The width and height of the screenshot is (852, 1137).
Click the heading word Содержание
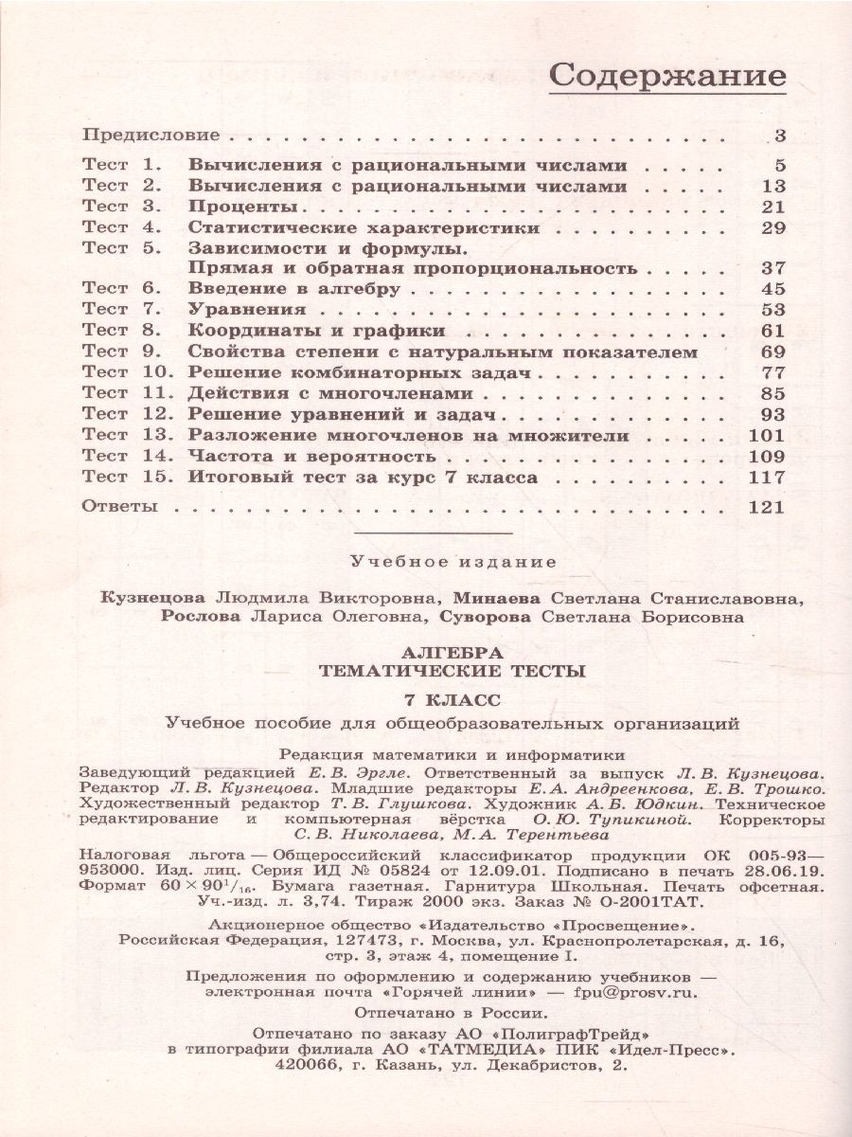coord(667,76)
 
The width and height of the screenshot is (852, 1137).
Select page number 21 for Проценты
coord(773,207)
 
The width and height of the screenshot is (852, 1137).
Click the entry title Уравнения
coord(246,309)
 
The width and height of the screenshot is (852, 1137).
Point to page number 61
coord(773,331)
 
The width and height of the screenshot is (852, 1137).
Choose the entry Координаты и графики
coord(316,331)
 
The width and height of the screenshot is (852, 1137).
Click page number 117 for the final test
coord(766,477)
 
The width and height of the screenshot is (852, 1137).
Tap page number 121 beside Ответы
coord(766,507)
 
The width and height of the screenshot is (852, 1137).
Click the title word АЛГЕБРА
coord(451,654)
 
